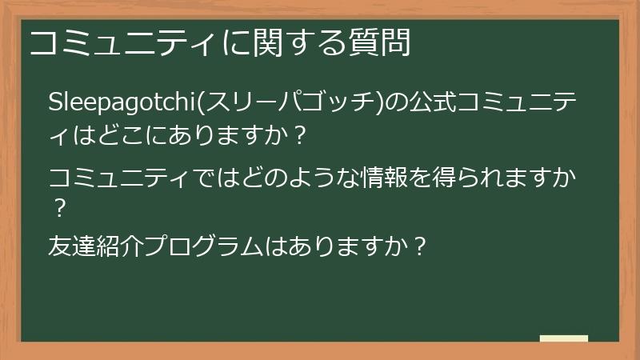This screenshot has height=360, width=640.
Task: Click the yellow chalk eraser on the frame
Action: point(564,338)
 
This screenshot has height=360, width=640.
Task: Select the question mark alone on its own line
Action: point(58,210)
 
